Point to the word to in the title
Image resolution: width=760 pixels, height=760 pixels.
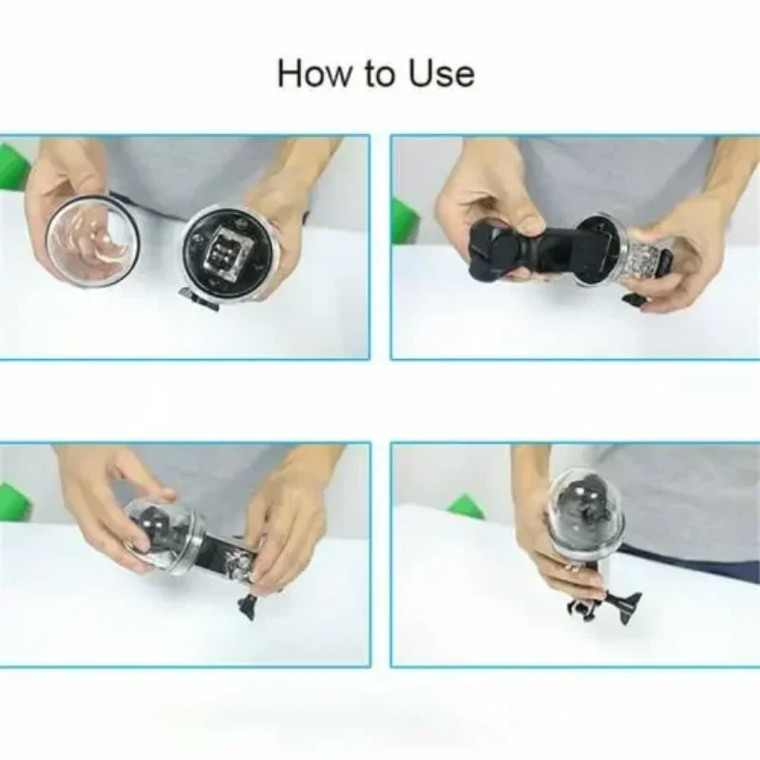pos(377,74)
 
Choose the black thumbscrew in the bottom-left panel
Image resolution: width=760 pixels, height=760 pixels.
pos(250,604)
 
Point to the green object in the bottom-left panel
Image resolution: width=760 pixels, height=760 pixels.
pos(13,502)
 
